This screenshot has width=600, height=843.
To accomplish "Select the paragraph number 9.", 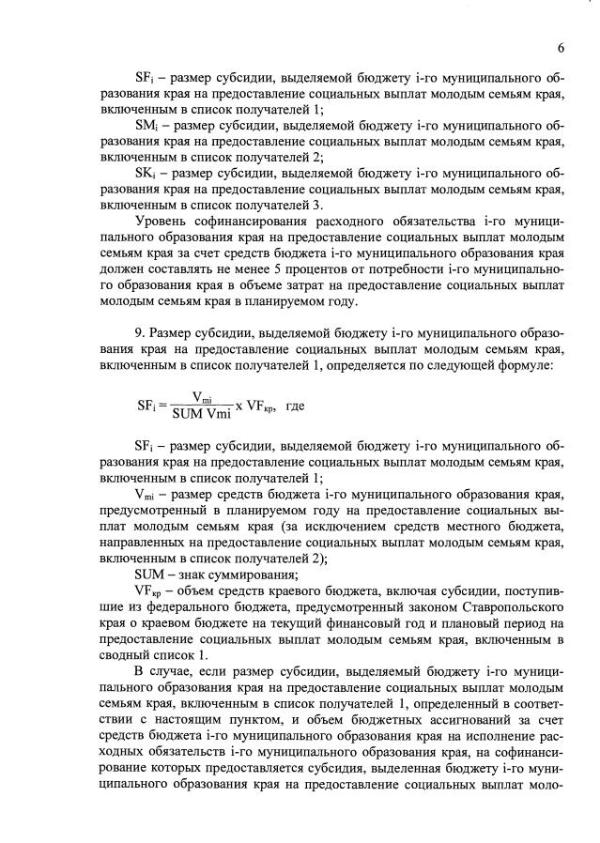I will [139, 335].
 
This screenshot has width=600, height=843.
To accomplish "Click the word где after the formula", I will [295, 407].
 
